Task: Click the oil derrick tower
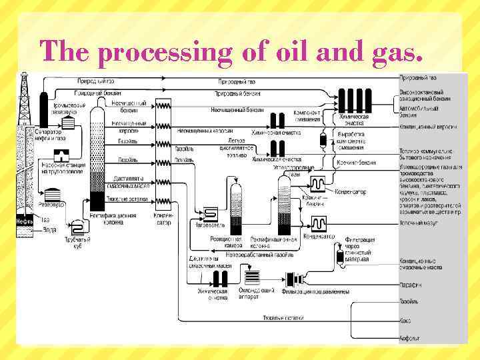tap(25, 100)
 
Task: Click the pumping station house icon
tap(61, 156)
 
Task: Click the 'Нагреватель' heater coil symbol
tap(210, 213)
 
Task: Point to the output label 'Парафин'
tap(411, 285)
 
